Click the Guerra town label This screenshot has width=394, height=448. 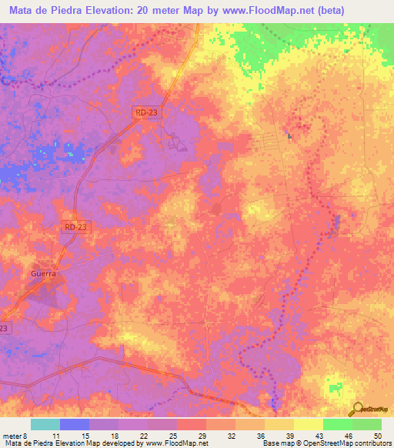44,272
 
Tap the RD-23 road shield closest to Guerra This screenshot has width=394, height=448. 75,227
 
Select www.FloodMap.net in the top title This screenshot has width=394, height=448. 268,10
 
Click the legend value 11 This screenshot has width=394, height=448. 56,435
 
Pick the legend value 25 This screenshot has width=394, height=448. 173,435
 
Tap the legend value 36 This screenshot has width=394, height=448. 262,435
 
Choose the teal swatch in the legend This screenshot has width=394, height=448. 45,424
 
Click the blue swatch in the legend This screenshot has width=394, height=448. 75,424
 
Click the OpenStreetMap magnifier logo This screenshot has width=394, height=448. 356,407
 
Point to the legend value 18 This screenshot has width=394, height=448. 115,435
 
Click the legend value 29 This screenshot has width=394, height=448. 202,435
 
